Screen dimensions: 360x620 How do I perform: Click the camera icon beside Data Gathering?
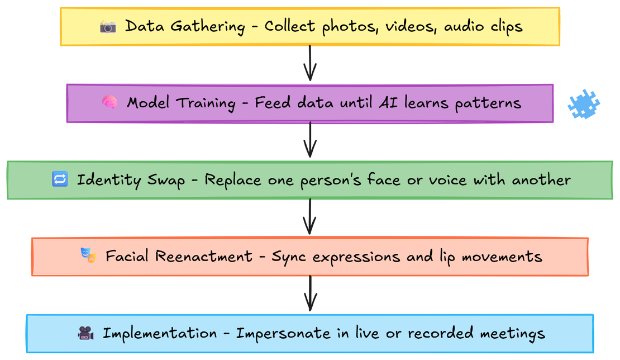(108, 26)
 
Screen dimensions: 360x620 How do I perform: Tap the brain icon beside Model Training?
(109, 103)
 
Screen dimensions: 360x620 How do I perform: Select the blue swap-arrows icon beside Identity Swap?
(60, 179)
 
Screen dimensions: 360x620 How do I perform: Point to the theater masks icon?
(88, 256)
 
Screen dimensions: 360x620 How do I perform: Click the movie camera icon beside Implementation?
(85, 334)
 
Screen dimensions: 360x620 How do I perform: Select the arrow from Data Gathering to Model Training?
(310, 63)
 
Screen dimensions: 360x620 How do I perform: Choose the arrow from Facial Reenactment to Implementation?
(310, 292)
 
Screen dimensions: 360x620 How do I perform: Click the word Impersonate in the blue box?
(283, 334)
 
